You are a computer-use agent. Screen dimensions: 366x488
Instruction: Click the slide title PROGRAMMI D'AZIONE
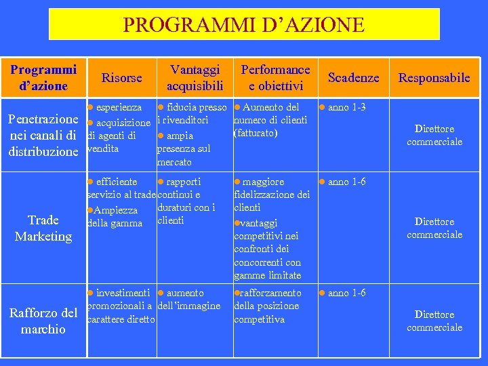pyautogui.click(x=244, y=25)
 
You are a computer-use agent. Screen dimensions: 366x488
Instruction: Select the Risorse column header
pyautogui.click(x=121, y=77)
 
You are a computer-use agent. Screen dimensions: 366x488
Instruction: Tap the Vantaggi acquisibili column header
pyautogui.click(x=195, y=77)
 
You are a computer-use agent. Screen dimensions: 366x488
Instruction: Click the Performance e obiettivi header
pyautogui.click(x=275, y=77)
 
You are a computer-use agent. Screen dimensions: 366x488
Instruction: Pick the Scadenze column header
pyautogui.click(x=353, y=77)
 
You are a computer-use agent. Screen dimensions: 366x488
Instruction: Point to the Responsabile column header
pyautogui.click(x=434, y=77)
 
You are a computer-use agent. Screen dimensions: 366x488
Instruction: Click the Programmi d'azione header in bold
pyautogui.click(x=43, y=77)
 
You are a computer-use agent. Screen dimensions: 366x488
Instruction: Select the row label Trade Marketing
pyautogui.click(x=43, y=228)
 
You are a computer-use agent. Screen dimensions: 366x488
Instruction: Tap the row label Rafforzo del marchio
pyautogui.click(x=43, y=321)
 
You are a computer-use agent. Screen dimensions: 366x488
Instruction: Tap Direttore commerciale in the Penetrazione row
pyautogui.click(x=434, y=135)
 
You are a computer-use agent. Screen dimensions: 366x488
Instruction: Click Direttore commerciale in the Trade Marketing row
pyautogui.click(x=434, y=228)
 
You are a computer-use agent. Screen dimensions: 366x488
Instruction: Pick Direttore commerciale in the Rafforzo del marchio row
pyautogui.click(x=434, y=321)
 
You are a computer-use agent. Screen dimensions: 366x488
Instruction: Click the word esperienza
pyautogui.click(x=119, y=107)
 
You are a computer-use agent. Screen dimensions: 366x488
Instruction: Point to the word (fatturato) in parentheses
pyautogui.click(x=256, y=133)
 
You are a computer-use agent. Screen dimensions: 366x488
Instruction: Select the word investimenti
pyautogui.click(x=123, y=293)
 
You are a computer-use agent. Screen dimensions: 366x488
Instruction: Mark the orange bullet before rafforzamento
pyautogui.click(x=237, y=293)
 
